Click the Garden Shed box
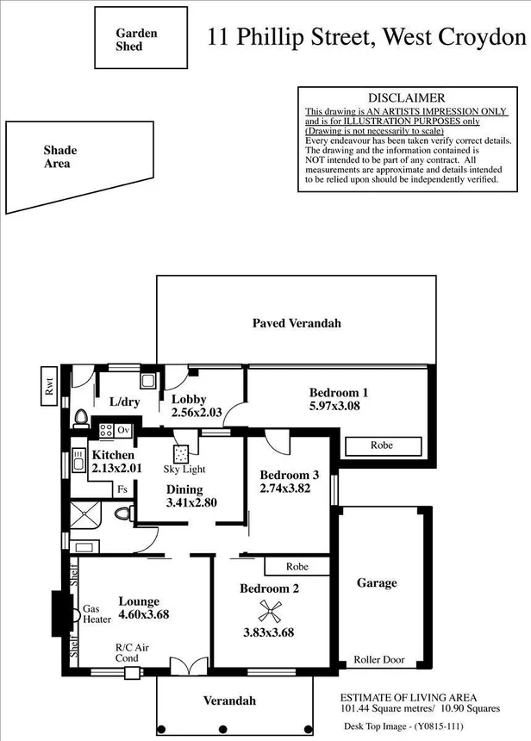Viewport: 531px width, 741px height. [x=141, y=38]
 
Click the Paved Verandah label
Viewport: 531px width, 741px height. [x=297, y=323]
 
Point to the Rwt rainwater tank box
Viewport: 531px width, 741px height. [x=49, y=385]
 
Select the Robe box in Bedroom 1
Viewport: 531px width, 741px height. [x=383, y=446]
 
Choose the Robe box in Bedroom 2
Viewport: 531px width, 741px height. [x=297, y=566]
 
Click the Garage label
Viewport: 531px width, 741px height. [x=378, y=583]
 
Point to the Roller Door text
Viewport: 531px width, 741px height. [x=378, y=660]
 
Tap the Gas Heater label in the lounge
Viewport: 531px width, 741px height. [x=96, y=613]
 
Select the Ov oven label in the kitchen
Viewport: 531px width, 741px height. [x=123, y=429]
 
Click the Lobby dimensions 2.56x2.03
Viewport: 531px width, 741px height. [x=197, y=413]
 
